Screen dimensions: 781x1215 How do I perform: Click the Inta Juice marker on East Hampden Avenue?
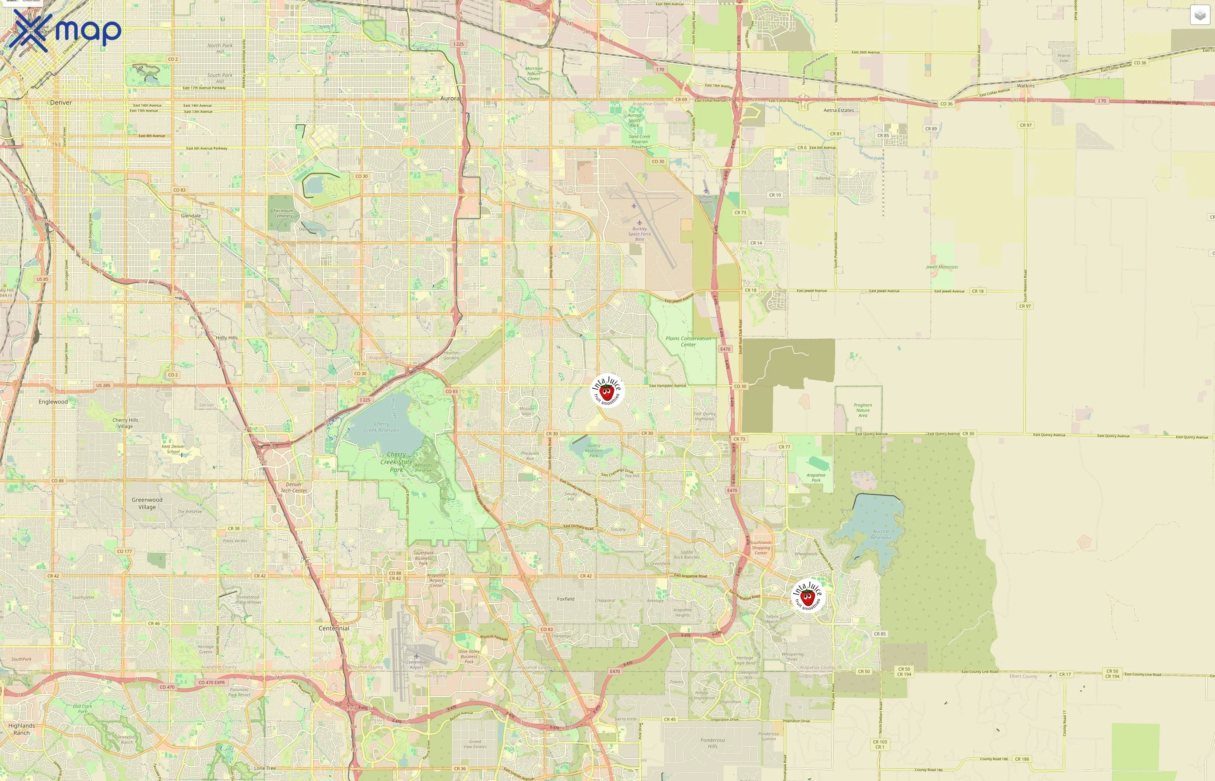(607, 391)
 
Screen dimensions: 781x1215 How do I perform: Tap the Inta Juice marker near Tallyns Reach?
(808, 595)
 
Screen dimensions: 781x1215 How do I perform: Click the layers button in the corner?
(1199, 15)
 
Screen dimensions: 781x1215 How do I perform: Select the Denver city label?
(61, 102)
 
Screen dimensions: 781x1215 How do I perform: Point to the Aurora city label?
(450, 98)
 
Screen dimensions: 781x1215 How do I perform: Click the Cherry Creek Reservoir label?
(381, 427)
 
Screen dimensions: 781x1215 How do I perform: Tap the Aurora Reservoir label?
(881, 535)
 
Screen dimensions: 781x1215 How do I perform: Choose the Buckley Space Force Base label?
(640, 234)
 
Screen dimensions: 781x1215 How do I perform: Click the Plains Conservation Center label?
(688, 341)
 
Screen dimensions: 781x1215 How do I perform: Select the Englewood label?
(53, 402)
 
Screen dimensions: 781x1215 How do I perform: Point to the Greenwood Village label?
(147, 503)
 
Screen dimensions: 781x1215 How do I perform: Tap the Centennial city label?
(334, 628)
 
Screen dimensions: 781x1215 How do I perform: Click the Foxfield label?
(565, 599)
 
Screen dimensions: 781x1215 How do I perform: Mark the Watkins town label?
(1025, 86)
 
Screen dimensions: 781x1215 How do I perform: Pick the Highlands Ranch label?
(21, 729)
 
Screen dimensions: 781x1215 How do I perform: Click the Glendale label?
(190, 216)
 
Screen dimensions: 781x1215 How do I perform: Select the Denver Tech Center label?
(294, 487)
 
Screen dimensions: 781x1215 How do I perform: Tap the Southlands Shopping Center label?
(761, 548)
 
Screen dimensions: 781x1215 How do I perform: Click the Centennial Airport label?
(416, 664)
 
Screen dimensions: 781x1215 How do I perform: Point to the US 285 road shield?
(103, 385)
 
